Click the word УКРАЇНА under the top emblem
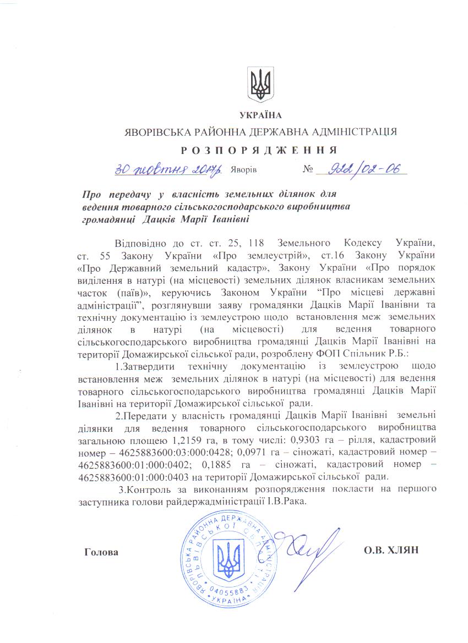pyautogui.click(x=260, y=116)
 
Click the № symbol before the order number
pyautogui.click(x=308, y=170)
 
